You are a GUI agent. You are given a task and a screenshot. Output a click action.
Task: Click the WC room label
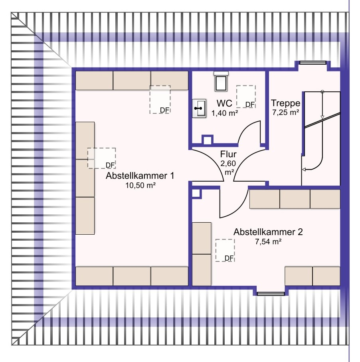coord(224,103)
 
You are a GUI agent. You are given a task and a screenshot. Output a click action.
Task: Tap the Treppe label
coord(285,103)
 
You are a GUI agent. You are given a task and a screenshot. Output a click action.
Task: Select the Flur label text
coord(228,154)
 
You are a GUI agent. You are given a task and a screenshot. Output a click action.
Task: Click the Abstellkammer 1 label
coord(140,176)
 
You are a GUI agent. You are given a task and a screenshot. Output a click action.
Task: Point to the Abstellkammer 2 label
coord(268,232)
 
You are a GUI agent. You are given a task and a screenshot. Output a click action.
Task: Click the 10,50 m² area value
coord(140,185)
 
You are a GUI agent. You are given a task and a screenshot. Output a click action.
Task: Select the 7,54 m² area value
coord(268,241)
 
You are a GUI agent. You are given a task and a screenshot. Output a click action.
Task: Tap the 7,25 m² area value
coord(286,113)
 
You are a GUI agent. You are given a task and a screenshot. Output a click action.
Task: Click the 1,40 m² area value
coord(225,113)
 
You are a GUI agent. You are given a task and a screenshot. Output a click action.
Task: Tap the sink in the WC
coord(199,109)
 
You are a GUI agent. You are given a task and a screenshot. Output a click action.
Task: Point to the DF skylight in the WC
coord(246,97)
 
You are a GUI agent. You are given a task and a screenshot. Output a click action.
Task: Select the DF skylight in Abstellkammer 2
coord(225,250)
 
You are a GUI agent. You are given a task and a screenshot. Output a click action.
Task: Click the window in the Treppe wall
coord(313,62)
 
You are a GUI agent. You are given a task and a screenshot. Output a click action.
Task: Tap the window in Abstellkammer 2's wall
coord(271,294)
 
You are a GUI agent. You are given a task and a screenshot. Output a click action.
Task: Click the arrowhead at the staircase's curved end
coord(304,170)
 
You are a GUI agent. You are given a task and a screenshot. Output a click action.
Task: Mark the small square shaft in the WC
coord(208,140)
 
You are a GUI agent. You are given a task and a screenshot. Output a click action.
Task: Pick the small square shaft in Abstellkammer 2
coord(196,193)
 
